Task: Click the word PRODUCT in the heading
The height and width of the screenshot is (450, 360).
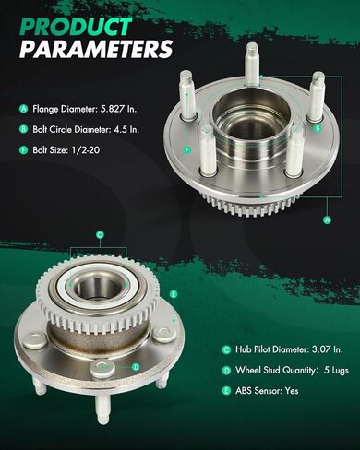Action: point(76,26)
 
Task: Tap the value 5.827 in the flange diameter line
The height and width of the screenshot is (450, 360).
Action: point(111,109)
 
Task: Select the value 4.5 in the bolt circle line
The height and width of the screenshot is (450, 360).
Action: point(119,129)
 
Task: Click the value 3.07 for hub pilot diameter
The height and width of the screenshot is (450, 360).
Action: point(321,349)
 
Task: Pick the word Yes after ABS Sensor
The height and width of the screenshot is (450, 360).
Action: point(292,390)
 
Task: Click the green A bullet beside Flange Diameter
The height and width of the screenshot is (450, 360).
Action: point(24,109)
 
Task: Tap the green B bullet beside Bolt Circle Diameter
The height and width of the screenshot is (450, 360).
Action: point(24,129)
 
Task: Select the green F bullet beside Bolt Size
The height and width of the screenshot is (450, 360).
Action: point(24,150)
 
